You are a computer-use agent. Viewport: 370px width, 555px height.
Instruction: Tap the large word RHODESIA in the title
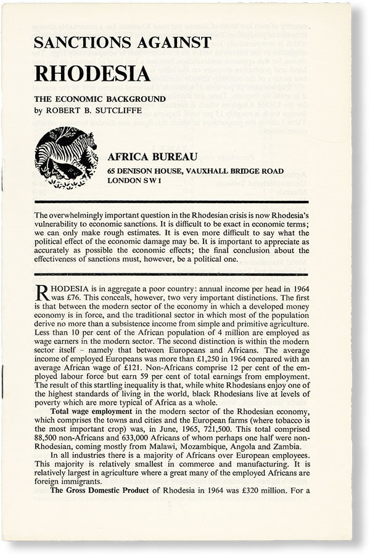(x=92, y=73)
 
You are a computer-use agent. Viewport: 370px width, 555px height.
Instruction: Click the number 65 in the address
(x=112, y=171)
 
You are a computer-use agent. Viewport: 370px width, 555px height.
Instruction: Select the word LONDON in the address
(x=126, y=182)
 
